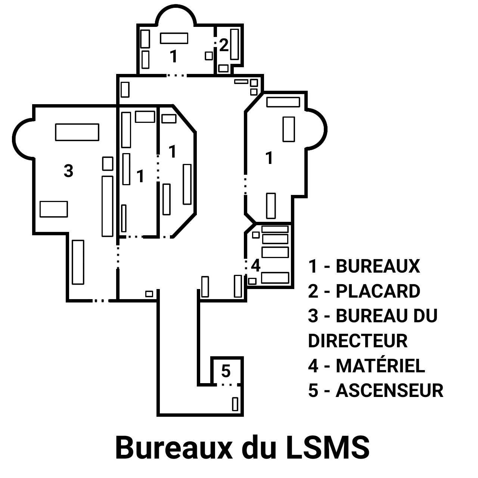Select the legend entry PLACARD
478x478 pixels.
click(378, 291)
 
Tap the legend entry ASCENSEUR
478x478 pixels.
click(389, 391)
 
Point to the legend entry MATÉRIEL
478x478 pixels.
click(380, 366)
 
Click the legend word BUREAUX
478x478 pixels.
click(378, 266)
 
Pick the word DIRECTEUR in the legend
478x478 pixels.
click(358, 341)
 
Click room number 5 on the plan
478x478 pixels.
click(226, 371)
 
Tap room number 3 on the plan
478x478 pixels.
click(68, 171)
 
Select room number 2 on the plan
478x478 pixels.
click(224, 45)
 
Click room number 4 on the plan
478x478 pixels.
click(255, 266)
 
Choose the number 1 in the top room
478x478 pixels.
click(173, 56)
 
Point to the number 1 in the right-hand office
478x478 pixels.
click(269, 158)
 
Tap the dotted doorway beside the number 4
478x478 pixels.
click(246, 266)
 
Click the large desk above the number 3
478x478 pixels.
click(77, 132)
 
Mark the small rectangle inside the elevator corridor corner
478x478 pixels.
click(235, 404)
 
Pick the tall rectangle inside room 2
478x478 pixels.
click(235, 44)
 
